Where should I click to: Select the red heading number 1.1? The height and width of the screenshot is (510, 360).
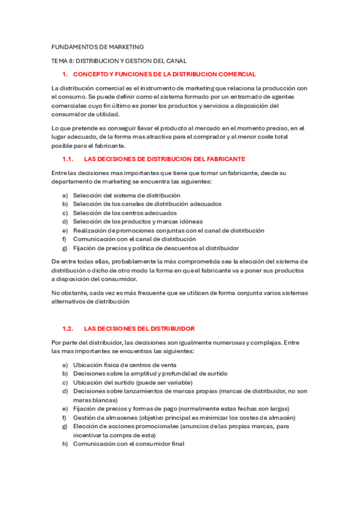tap(68, 159)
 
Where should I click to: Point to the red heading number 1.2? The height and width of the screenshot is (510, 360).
tap(68, 329)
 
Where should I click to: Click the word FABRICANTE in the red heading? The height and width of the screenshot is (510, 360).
tap(224, 159)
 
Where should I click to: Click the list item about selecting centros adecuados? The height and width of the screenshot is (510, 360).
tap(125, 213)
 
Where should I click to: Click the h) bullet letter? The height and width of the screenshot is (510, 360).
tap(64, 443)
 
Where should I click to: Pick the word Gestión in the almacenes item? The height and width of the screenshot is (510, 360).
tap(84, 417)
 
